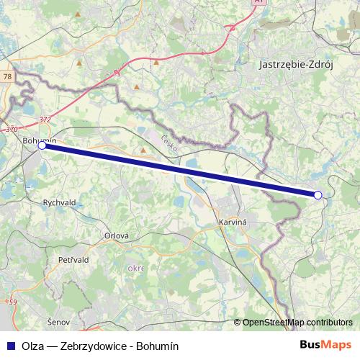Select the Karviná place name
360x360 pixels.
(232, 223)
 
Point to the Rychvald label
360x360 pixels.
(60, 203)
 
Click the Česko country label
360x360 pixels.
(168, 140)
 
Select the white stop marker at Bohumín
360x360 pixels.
(42, 145)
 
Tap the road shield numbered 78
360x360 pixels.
(6, 76)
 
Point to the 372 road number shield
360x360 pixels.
(45, 120)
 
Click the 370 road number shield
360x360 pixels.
(11, 129)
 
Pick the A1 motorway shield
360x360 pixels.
(258, 3)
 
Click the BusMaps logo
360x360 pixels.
(325, 345)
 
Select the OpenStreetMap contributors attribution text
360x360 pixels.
(297, 323)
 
